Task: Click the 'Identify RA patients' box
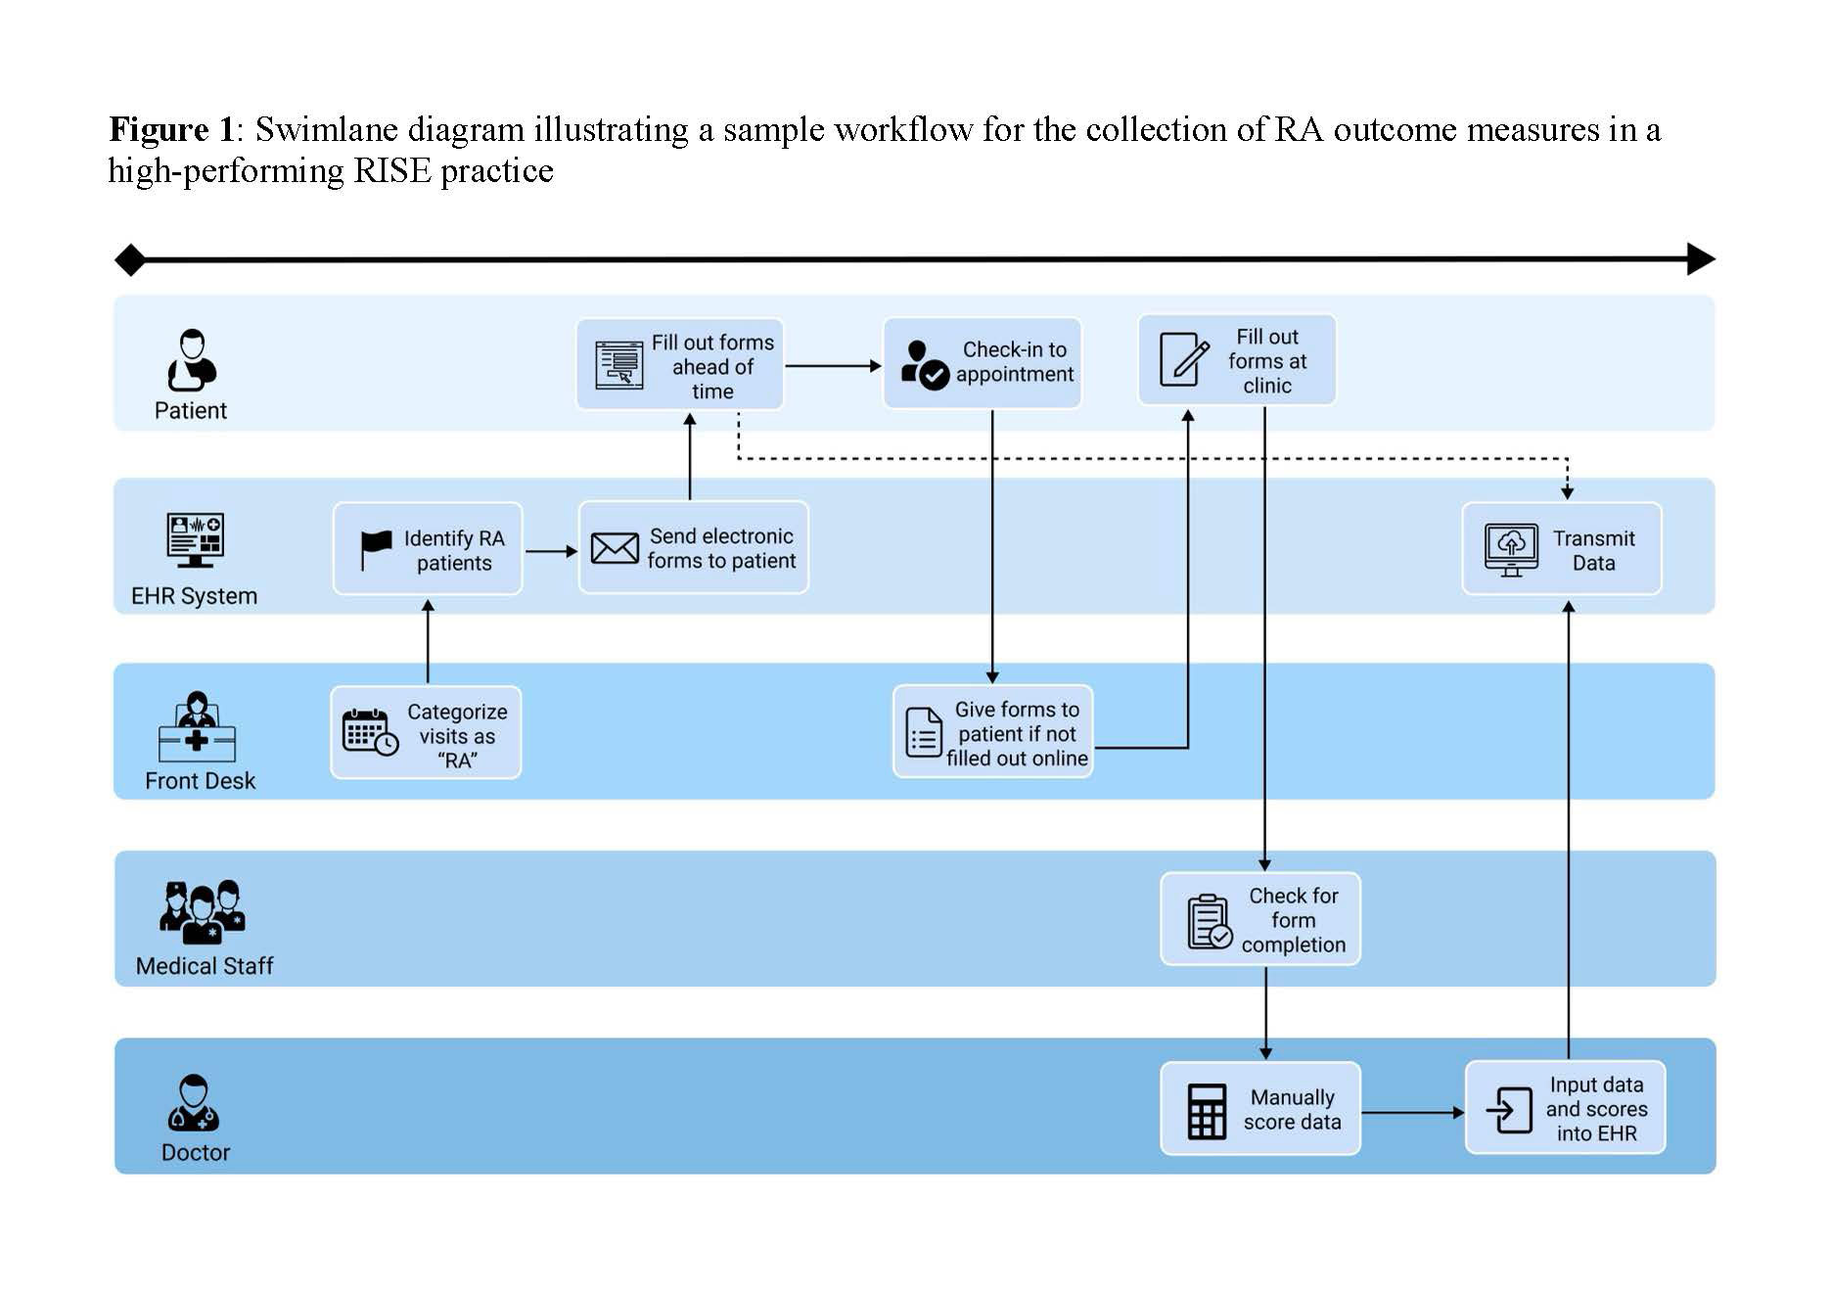[428, 549]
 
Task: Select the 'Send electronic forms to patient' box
[693, 548]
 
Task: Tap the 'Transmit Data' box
[1561, 549]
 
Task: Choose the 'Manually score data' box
[1259, 1109]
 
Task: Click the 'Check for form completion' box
[1259, 919]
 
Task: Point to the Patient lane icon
[192, 359]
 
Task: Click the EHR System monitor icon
[195, 539]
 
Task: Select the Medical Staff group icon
[202, 911]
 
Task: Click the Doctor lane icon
[194, 1103]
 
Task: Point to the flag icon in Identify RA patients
[376, 548]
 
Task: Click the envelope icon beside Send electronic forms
[615, 548]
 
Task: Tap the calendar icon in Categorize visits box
[369, 732]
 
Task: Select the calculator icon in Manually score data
[1207, 1111]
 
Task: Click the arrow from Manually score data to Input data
[1411, 1113]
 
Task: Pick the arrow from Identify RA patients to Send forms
[550, 551]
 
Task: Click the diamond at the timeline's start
[130, 260]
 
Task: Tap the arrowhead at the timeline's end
[1701, 259]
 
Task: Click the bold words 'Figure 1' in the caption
[172, 130]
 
